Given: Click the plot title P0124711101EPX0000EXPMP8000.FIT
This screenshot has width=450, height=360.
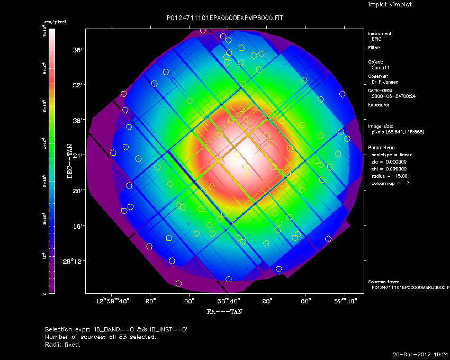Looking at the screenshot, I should coord(225,18).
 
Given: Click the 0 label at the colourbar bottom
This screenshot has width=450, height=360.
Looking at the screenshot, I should coord(44,293).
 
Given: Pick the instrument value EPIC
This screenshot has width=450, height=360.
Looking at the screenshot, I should coord(376,39).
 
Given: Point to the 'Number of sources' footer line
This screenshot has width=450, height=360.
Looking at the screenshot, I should coord(101,337).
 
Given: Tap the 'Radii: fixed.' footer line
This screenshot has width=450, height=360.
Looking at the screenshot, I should coord(63,344).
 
